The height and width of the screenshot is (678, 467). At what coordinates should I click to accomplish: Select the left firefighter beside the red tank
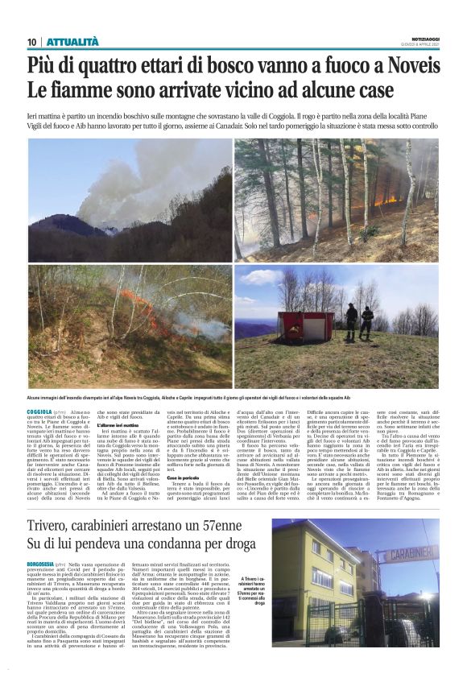coord(351,320)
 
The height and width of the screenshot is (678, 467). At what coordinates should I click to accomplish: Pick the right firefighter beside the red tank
coord(367,320)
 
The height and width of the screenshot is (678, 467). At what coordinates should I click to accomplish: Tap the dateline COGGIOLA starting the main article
coord(39,411)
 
